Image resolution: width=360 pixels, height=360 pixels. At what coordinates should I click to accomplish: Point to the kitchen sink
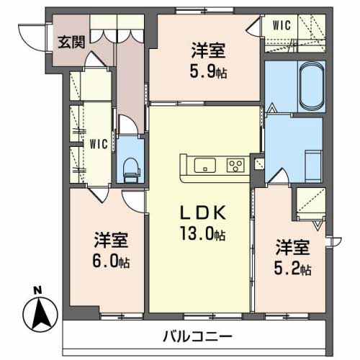coord(204,165)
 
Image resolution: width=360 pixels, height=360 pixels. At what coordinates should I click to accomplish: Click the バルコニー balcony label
coord(197,336)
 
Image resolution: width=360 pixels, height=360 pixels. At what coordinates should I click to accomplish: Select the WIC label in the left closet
coord(99,143)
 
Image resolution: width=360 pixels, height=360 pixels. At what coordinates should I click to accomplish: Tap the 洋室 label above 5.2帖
coord(292,248)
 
